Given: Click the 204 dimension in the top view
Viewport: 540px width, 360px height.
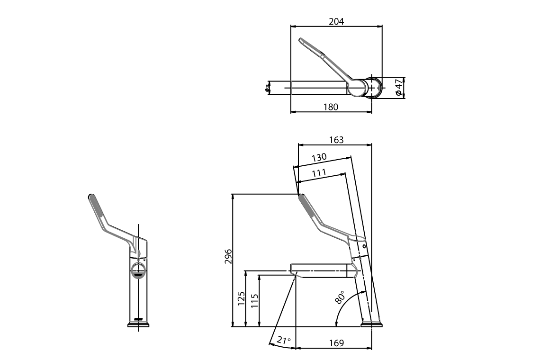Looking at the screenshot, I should pyautogui.click(x=336, y=21).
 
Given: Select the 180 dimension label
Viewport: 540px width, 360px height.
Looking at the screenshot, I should pyautogui.click(x=331, y=107).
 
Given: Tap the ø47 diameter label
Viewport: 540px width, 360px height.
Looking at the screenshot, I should pyautogui.click(x=399, y=88).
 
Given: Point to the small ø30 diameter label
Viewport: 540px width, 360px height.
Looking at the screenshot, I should pyautogui.click(x=267, y=87).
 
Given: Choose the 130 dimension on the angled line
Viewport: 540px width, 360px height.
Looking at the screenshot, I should pyautogui.click(x=319, y=157).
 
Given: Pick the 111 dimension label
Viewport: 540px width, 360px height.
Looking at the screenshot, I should pyautogui.click(x=319, y=173).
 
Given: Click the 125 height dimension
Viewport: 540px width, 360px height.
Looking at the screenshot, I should pyautogui.click(x=241, y=299).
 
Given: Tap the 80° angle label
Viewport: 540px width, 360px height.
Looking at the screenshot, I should pyautogui.click(x=340, y=297).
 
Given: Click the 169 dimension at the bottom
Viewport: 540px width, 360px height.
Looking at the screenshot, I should pyautogui.click(x=336, y=343).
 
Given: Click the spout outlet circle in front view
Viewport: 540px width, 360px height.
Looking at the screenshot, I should pyautogui.click(x=138, y=271).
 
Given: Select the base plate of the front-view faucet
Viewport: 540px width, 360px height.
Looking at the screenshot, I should pyautogui.click(x=138, y=324).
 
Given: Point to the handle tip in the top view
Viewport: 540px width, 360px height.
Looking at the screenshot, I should pyautogui.click(x=301, y=41).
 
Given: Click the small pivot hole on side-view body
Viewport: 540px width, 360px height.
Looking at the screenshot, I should pyautogui.click(x=364, y=246).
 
